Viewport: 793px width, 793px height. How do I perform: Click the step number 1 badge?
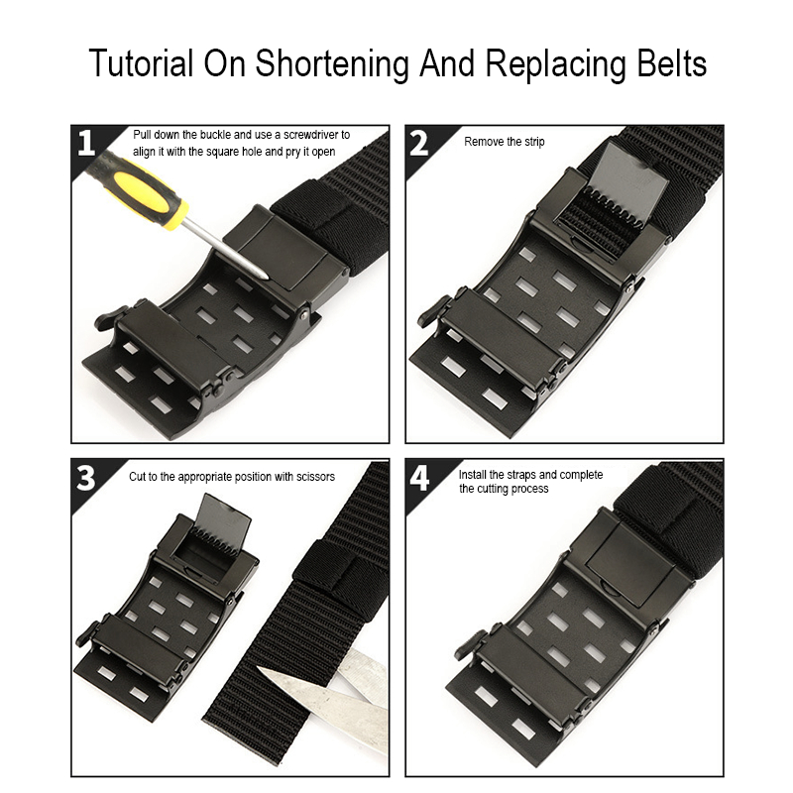(x=86, y=144)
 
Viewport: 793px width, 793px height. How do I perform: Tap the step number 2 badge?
(x=420, y=144)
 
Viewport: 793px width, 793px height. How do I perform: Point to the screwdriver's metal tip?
(x=262, y=274)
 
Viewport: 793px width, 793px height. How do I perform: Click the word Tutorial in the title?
(x=141, y=63)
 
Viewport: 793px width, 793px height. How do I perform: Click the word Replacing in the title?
(x=538, y=63)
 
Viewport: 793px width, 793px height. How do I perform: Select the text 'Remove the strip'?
(x=505, y=142)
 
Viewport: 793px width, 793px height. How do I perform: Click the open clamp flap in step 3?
(x=220, y=523)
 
